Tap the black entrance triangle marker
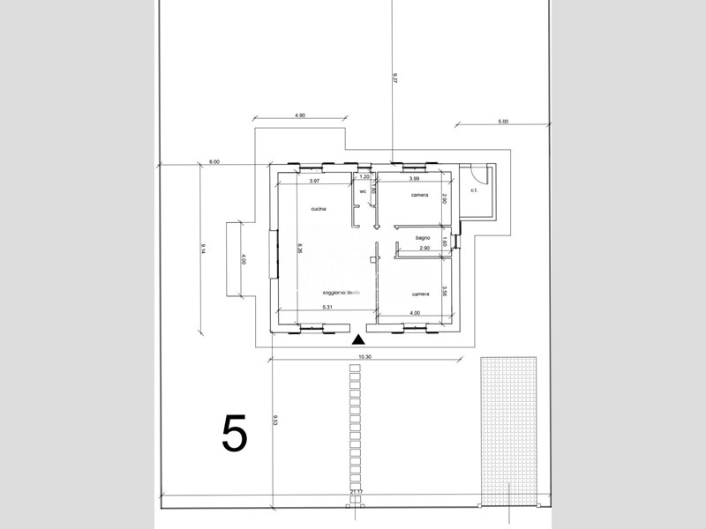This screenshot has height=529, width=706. (x=358, y=339)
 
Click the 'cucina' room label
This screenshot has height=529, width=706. (x=319, y=209)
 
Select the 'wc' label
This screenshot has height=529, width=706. (x=363, y=190)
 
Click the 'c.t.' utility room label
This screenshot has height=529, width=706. (x=474, y=190)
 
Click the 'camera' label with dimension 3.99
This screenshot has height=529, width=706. (x=420, y=195)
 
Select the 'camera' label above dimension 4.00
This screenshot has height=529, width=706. (x=420, y=294)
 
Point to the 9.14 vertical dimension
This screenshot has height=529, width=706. (x=203, y=249)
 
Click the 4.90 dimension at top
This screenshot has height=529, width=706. (x=299, y=115)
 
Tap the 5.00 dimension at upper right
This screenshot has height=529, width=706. (x=503, y=122)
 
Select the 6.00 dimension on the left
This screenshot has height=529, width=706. (x=214, y=161)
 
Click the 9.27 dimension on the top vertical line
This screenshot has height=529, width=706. (x=395, y=78)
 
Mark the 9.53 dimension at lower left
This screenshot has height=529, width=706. (x=275, y=421)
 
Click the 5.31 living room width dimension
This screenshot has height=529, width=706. (x=327, y=307)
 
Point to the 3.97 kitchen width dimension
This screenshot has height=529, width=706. (x=314, y=181)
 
